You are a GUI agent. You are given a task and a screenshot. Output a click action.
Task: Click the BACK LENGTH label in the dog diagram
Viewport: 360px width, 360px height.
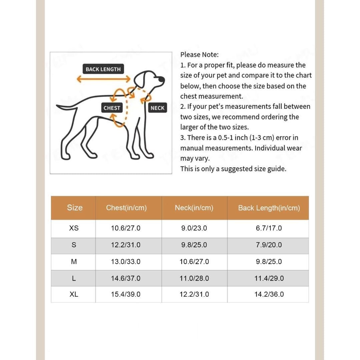pos(103,69)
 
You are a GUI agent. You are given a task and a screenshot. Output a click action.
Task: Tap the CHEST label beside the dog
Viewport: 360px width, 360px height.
pos(111,108)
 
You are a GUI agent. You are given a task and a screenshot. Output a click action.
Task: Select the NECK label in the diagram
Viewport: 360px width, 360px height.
pos(157,108)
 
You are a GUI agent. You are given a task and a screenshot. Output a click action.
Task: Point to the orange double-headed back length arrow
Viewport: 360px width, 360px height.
pos(103,79)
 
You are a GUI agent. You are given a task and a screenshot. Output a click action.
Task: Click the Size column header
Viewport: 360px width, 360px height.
pos(74,208)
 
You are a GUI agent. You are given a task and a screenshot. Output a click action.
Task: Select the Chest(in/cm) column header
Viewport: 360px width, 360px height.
pos(126,208)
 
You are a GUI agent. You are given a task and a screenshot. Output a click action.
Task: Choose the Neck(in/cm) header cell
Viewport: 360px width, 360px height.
pos(194,208)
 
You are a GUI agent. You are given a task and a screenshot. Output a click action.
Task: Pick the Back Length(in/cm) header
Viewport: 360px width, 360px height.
pos(269,208)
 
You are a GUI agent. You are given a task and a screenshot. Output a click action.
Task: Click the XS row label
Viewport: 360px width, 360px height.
pos(74,228)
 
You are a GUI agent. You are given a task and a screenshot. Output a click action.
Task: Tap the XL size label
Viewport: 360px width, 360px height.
pos(74,294)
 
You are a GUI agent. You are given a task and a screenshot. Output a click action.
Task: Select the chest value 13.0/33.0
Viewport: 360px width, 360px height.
pos(126,262)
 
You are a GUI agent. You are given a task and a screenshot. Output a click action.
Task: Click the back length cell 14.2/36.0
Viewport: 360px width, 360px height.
pos(269,294)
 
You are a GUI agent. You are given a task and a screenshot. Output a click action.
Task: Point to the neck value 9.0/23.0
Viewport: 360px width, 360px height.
pos(194,228)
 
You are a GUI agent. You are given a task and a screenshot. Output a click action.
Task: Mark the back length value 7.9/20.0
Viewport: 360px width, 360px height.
pos(269,245)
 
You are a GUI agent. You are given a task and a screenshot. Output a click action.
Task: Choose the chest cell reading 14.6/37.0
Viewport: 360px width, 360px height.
pos(126,278)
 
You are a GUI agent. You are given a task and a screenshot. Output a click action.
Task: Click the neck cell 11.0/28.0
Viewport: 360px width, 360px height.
pos(194,278)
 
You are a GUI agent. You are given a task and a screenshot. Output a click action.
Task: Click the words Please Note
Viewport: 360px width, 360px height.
pos(199,55)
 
